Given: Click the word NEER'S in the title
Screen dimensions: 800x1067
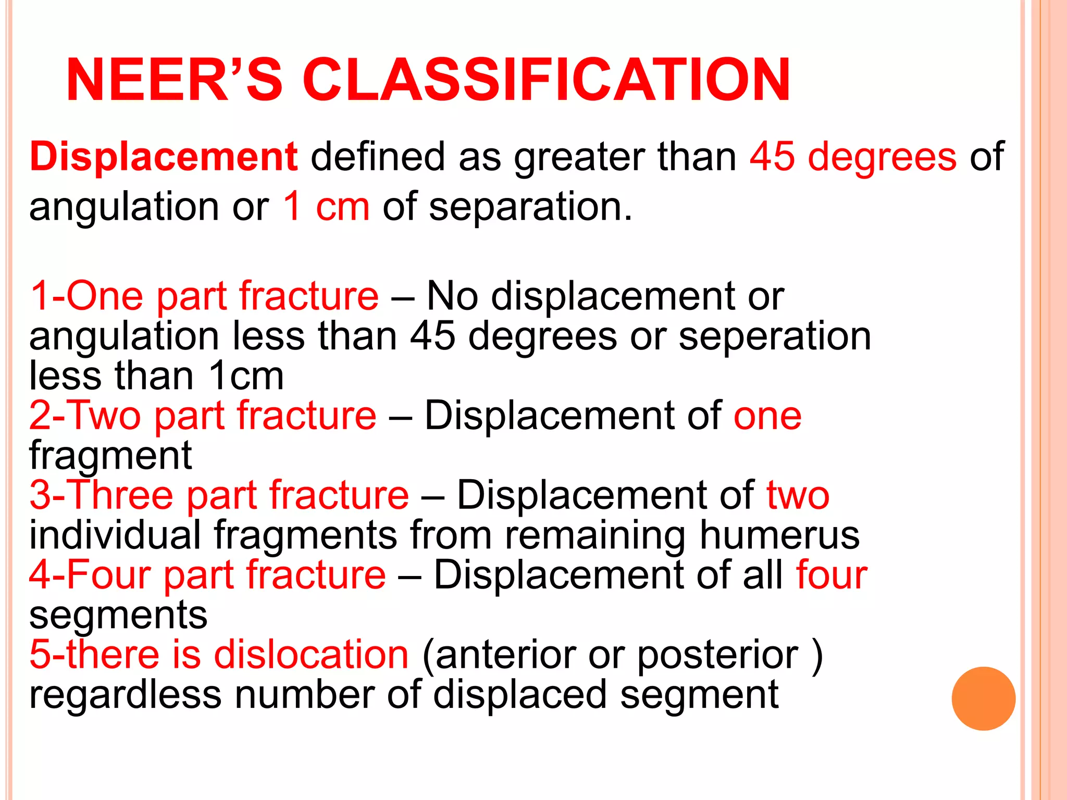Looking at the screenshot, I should pyautogui.click(x=174, y=80).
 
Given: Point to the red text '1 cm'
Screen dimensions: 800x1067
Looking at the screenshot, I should pyautogui.click(x=327, y=206).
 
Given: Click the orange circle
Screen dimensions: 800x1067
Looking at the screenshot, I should pyautogui.click(x=983, y=698).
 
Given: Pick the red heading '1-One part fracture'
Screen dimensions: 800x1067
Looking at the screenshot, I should pyautogui.click(x=204, y=296).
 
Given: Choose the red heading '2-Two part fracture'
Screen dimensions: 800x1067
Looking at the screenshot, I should pyautogui.click(x=203, y=415).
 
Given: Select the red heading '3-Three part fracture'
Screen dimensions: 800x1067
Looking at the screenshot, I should pyautogui.click(x=219, y=495).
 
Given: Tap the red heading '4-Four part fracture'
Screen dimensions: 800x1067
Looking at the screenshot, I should pyautogui.click(x=207, y=574).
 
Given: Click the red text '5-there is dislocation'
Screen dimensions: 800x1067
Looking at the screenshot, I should pyautogui.click(x=219, y=654).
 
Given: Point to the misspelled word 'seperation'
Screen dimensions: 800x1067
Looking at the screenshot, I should pyautogui.click(x=775, y=336).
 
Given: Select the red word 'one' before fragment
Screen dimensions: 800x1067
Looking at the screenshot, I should pyautogui.click(x=767, y=416).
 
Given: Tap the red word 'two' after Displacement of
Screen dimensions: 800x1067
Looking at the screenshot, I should pyautogui.click(x=798, y=495).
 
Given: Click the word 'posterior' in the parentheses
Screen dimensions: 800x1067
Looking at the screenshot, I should pyautogui.click(x=717, y=655).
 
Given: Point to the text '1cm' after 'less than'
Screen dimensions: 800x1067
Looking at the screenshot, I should pyautogui.click(x=246, y=376).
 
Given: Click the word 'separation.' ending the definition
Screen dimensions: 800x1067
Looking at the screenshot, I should pyautogui.click(x=530, y=206).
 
